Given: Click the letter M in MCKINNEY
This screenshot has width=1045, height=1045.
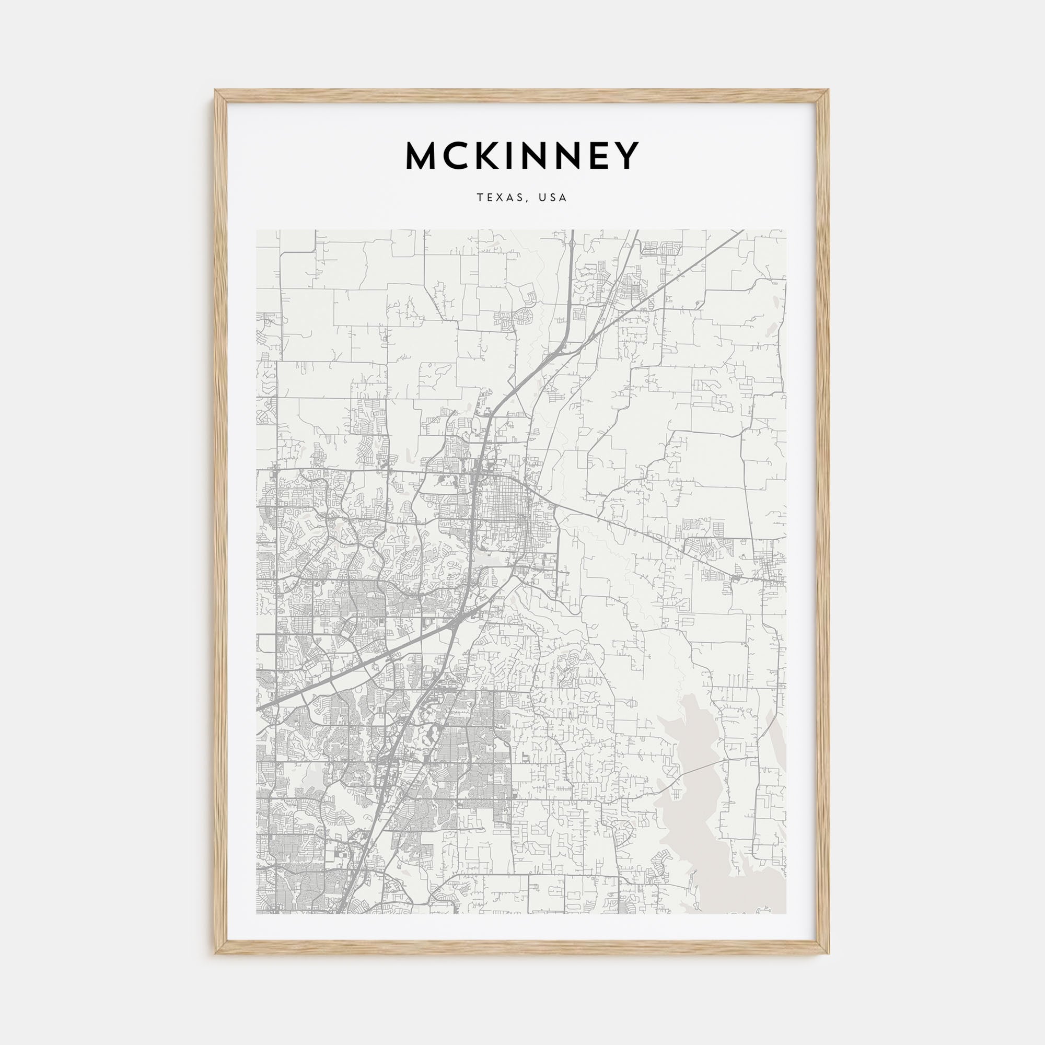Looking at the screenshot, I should [424, 156].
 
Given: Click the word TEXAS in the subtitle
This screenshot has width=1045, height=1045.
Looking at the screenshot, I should [499, 198].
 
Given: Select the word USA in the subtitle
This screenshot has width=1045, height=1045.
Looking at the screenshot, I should [552, 198].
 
